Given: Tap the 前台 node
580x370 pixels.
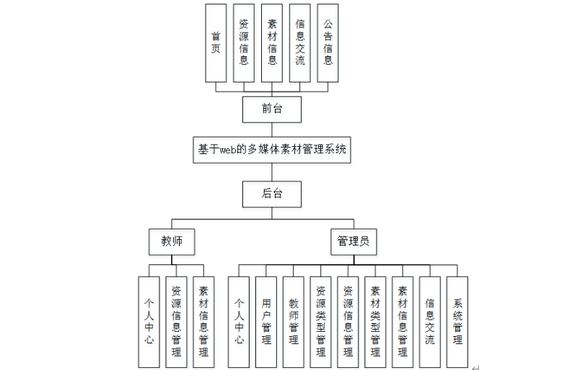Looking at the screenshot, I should (271, 109).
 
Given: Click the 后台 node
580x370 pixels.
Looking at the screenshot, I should (271, 193).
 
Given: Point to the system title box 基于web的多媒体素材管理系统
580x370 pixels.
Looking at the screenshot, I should (271, 150).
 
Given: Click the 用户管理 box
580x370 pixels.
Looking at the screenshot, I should (267, 321).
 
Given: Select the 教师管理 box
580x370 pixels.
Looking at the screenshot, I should (294, 321).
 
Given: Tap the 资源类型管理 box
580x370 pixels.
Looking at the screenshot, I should (321, 321).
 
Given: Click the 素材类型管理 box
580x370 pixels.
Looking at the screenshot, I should (375, 321).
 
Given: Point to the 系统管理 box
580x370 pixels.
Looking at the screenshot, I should (457, 321).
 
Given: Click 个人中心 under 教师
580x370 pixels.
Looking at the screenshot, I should (149, 321).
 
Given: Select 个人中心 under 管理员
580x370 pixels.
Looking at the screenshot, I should (240, 321).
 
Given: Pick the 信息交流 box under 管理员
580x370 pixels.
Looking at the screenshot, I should (430, 321).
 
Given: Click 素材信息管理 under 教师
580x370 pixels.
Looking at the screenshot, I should (203, 321).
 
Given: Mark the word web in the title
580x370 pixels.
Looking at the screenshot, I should (229, 150).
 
